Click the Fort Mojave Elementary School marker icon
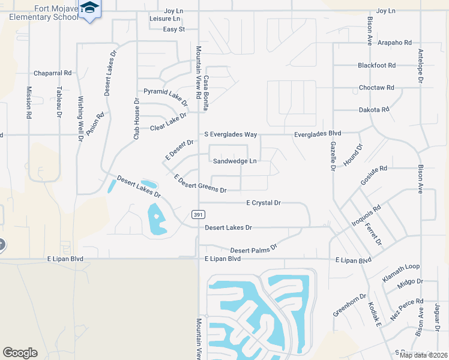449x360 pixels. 90,8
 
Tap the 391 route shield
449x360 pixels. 197,214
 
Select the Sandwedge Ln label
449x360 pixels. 235,161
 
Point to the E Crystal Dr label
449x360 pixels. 264,203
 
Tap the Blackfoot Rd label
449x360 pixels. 376,65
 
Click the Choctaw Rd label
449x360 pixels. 376,88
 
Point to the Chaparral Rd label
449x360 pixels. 52,73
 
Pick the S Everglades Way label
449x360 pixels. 231,134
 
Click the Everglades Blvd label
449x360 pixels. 317,134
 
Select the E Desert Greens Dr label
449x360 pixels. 200,184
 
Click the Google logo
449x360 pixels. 20,353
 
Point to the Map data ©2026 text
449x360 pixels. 423,355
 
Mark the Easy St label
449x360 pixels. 173,29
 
